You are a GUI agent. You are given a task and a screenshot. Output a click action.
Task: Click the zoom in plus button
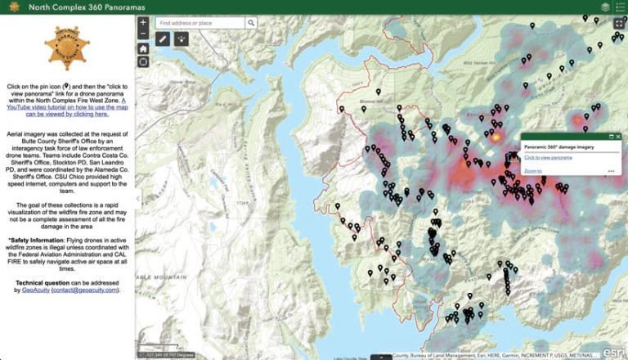pos(143,23)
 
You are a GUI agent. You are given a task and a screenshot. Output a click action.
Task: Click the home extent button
pos(143,48)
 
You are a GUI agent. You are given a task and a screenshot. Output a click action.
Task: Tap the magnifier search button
pos(252,23)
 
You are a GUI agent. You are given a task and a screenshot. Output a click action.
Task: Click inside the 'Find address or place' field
pos(200,23)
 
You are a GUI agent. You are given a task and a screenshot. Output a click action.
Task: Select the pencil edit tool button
pos(163,38)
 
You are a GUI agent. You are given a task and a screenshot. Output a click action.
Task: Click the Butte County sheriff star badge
pos(67,47)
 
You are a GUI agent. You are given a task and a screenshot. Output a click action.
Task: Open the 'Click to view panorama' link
pos(548,156)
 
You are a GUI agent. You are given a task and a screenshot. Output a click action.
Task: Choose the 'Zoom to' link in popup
pos(532,171)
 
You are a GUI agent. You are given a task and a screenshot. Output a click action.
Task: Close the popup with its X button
pos(618,137)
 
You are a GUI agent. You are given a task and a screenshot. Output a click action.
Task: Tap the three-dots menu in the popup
pos(611,171)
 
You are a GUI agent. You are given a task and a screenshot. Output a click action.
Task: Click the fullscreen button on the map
pos(619,23)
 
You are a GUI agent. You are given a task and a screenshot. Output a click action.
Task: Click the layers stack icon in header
pos(604,7)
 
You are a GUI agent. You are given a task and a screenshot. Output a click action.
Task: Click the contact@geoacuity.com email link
pos(85,290)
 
